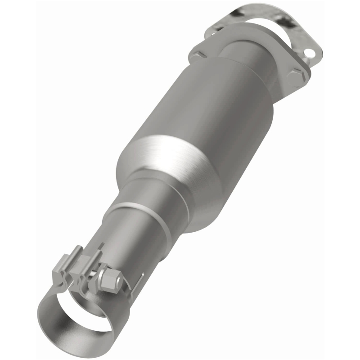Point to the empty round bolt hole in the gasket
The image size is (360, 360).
coord(309,53)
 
